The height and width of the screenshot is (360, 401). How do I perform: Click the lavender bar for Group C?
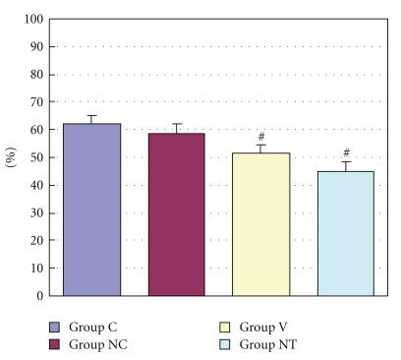pyautogui.click(x=91, y=210)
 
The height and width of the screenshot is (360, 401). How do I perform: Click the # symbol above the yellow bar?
pyautogui.click(x=261, y=138)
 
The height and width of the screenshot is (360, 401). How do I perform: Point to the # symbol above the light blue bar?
pyautogui.click(x=346, y=152)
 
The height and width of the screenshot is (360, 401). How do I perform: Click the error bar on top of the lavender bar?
pyautogui.click(x=91, y=119)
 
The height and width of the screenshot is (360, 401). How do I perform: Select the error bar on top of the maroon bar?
pyautogui.click(x=177, y=128)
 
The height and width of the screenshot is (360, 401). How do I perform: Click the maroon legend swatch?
pyautogui.click(x=55, y=343)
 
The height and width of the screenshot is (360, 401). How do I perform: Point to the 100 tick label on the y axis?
pyautogui.click(x=33, y=19)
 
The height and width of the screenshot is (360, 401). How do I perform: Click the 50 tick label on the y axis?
pyautogui.click(x=36, y=157)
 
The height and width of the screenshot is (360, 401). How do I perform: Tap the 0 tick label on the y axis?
pyautogui.click(x=40, y=295)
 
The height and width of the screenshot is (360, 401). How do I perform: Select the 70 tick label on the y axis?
pyautogui.click(x=36, y=102)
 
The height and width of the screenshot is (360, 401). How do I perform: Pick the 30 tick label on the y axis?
pyautogui.click(x=36, y=212)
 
